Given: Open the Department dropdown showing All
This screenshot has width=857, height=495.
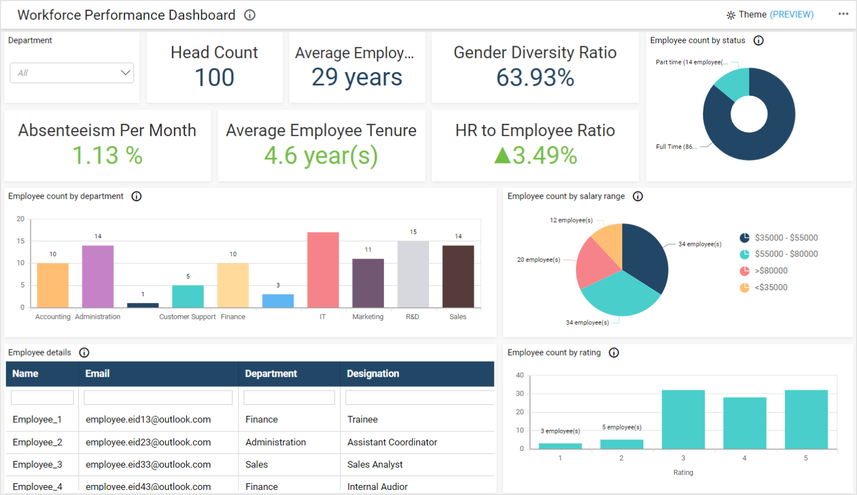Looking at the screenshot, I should (71, 73).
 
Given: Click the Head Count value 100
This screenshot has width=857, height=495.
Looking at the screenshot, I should (214, 78).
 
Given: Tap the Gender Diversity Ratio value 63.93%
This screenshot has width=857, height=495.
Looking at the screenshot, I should (535, 78).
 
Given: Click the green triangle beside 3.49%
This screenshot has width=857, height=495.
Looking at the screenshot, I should (502, 155).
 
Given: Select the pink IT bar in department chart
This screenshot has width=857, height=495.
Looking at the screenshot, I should (322, 270).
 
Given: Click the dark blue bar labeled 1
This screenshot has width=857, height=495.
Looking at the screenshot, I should (143, 305).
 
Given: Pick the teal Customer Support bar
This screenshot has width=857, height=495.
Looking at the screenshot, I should (187, 296).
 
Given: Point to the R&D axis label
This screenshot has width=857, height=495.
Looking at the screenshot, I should (412, 317).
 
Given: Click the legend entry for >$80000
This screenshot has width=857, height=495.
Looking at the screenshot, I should (771, 271).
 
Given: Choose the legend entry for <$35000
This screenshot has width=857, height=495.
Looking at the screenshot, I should (771, 287).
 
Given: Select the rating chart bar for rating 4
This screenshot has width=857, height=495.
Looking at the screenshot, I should (744, 422).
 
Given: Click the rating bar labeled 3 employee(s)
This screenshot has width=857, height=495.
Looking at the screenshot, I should (560, 446).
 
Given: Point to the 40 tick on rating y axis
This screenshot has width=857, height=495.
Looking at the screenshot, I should (519, 375).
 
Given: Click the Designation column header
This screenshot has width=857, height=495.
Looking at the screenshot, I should (373, 374).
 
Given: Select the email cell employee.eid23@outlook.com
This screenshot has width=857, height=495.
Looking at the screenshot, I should (148, 442).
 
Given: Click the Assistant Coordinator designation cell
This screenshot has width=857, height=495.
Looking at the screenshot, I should (392, 442).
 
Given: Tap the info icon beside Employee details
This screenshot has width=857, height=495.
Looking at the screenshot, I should (84, 353).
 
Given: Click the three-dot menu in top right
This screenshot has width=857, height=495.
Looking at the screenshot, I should (843, 14).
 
